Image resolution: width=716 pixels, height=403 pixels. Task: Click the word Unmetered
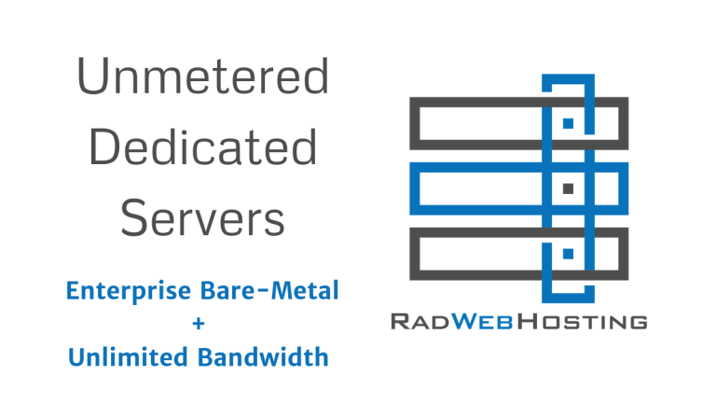pos(202,77)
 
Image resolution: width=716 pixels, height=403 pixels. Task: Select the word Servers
pos(203,218)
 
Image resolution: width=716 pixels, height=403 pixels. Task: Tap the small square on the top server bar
pos(568,122)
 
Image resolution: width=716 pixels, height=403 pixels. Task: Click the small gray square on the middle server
pos(568,188)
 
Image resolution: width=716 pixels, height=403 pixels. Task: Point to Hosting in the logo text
pos(586,322)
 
